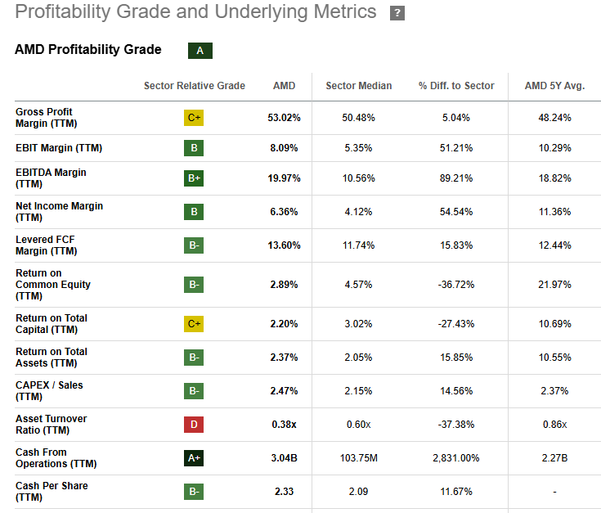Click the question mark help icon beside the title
(x=397, y=13)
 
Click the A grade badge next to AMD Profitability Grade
(x=200, y=51)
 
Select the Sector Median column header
(x=358, y=86)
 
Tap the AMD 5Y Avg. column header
(x=554, y=86)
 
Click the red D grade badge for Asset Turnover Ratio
(x=194, y=425)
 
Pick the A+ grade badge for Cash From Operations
(x=194, y=458)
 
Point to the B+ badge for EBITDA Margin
(x=194, y=178)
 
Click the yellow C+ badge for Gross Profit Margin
(x=194, y=118)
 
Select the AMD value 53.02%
(x=284, y=118)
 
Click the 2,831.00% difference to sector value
(x=456, y=458)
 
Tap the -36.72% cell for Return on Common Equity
(x=456, y=285)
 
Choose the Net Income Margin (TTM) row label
(x=59, y=212)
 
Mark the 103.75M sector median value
(x=358, y=458)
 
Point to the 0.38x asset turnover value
(x=284, y=425)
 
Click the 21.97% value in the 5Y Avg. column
(x=554, y=285)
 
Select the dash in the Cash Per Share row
(x=554, y=492)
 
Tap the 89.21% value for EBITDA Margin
(x=456, y=178)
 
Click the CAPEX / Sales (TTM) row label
(x=49, y=391)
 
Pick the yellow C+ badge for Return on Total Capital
(x=194, y=324)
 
